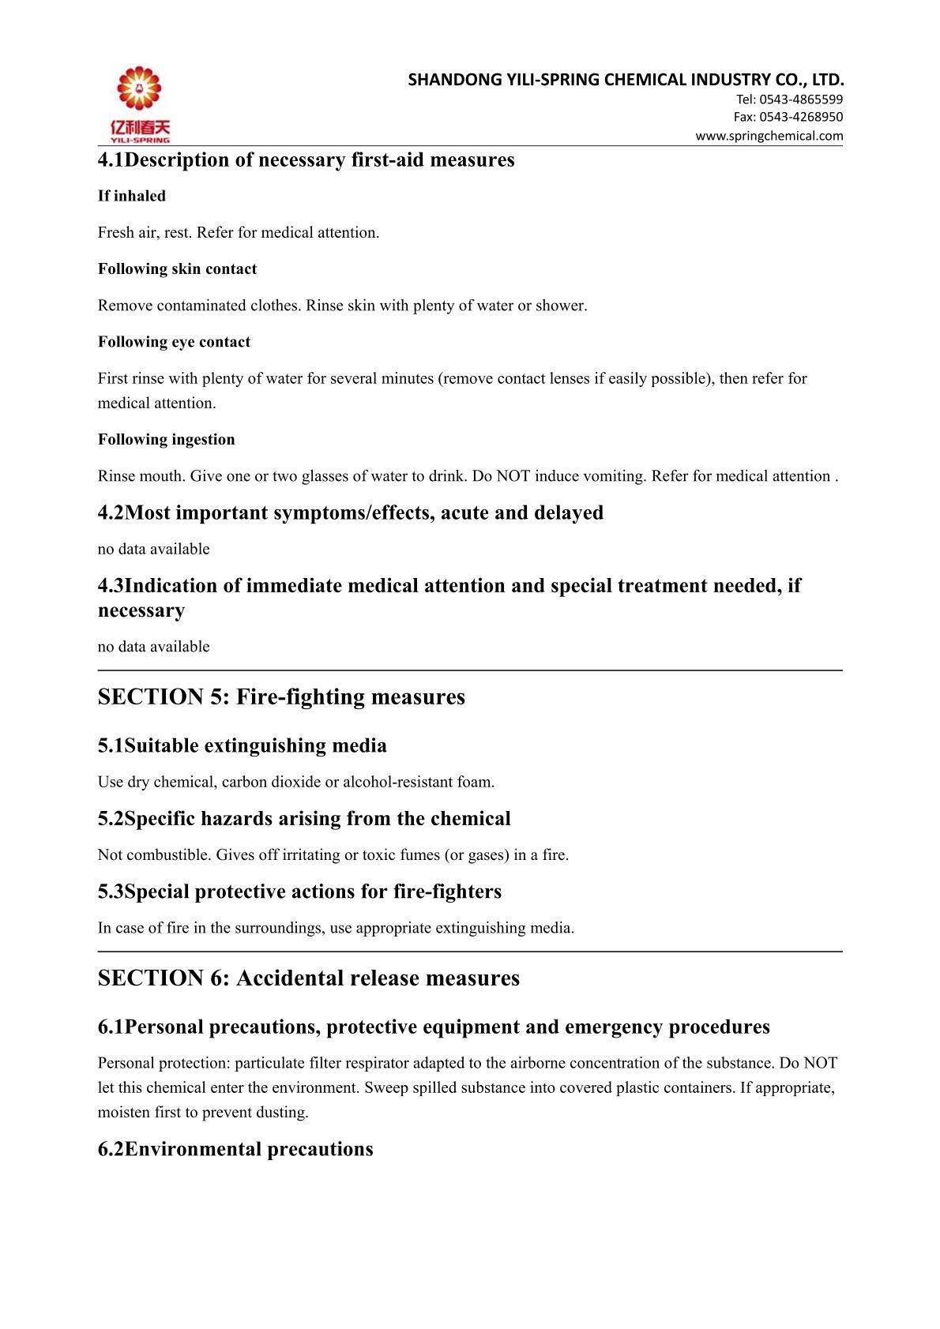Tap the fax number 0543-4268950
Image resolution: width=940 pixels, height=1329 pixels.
coord(800,117)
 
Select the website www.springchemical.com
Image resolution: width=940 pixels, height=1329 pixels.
coord(769,136)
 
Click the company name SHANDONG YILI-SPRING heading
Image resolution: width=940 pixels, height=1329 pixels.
coord(626,79)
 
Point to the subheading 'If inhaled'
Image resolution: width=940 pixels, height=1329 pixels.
coord(132,196)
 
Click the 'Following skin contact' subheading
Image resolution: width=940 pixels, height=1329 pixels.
coord(177,269)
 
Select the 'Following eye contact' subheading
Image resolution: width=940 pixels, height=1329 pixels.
coord(174,342)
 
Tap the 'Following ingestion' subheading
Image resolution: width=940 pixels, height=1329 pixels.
coord(166,440)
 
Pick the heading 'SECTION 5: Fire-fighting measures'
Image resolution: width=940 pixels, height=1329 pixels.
coord(281,697)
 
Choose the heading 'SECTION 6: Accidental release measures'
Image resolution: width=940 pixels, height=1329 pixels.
coord(308,978)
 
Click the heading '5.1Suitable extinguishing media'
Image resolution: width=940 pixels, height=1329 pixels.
coord(242,745)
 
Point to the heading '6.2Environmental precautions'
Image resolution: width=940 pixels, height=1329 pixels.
coord(235,1149)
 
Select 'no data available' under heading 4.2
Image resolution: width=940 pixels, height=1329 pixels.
coord(153,549)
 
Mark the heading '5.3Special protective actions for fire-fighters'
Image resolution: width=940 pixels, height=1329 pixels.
coord(299,892)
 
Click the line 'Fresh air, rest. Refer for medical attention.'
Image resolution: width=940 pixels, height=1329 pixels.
coord(239,233)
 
